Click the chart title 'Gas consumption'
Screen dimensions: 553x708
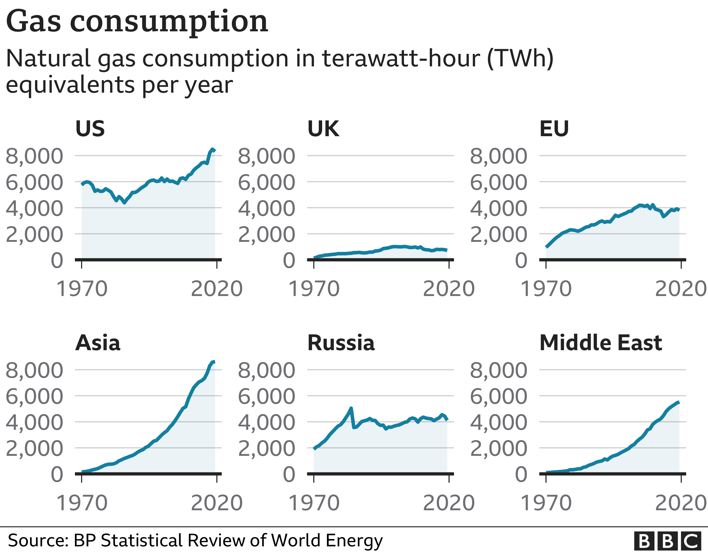click(137, 22)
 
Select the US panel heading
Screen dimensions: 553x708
click(90, 129)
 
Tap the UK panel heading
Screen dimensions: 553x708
click(323, 129)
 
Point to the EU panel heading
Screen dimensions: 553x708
click(554, 129)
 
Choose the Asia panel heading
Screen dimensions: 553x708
click(97, 343)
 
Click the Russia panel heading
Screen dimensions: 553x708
click(341, 343)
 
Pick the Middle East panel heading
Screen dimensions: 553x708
click(601, 343)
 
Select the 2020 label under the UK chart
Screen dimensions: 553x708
click(449, 289)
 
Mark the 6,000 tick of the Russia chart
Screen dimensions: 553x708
click(266, 396)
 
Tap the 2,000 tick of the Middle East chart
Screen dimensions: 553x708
click(498, 448)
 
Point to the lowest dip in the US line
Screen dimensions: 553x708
click(125, 203)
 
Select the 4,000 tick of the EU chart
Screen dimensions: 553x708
click(498, 208)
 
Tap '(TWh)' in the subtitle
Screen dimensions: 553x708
click(520, 58)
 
